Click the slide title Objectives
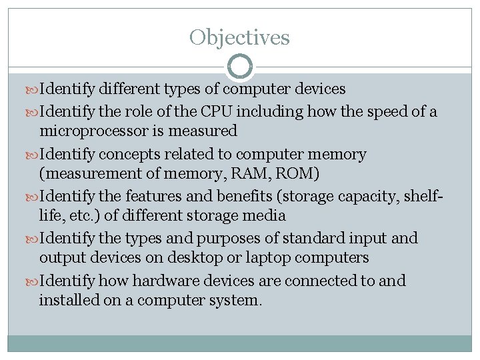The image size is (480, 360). (x=239, y=37)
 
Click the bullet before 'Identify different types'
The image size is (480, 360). (x=34, y=89)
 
